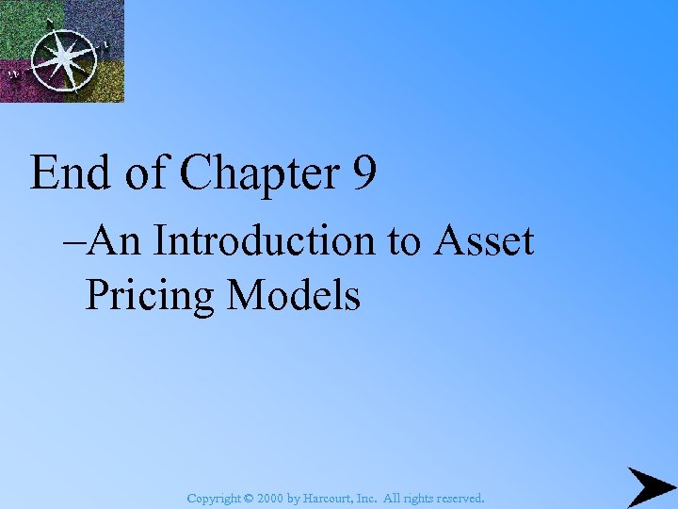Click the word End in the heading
[70, 172]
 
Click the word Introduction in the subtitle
[268, 241]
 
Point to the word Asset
[484, 241]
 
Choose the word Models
[293, 294]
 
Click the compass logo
[62, 52]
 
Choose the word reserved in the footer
[459, 497]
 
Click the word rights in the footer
[417, 497]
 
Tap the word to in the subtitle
[403, 242]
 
